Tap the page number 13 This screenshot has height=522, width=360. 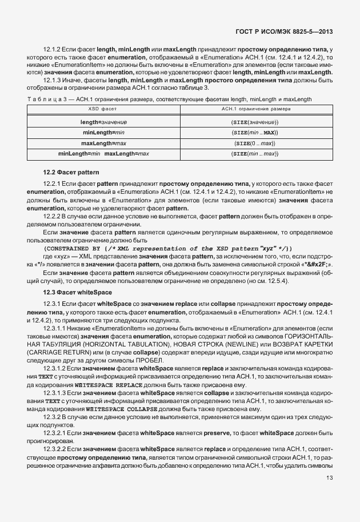(x=329, y=477)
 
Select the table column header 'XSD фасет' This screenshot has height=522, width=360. (x=103, y=109)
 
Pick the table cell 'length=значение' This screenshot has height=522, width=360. (x=103, y=122)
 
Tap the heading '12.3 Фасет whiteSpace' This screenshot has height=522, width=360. (x=77, y=292)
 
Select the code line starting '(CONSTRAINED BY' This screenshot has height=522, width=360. (x=169, y=248)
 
